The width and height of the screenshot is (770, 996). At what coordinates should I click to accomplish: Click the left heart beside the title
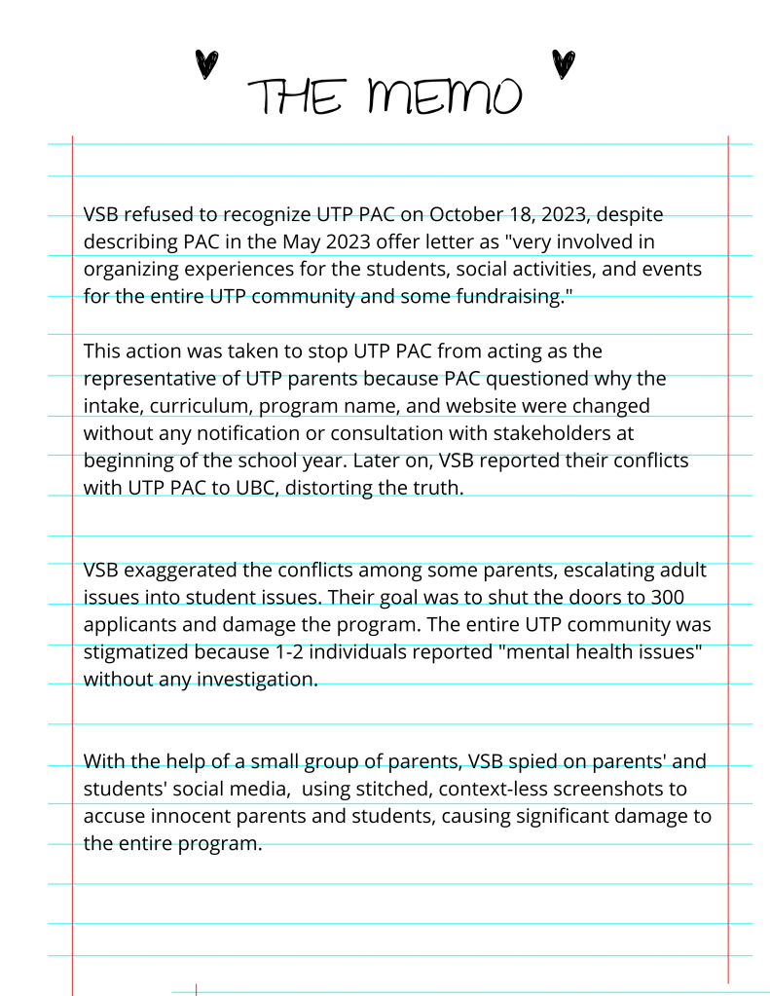click(205, 64)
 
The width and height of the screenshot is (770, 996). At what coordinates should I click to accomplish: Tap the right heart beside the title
click(563, 62)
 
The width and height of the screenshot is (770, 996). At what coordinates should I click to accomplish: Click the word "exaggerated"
click(181, 569)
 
